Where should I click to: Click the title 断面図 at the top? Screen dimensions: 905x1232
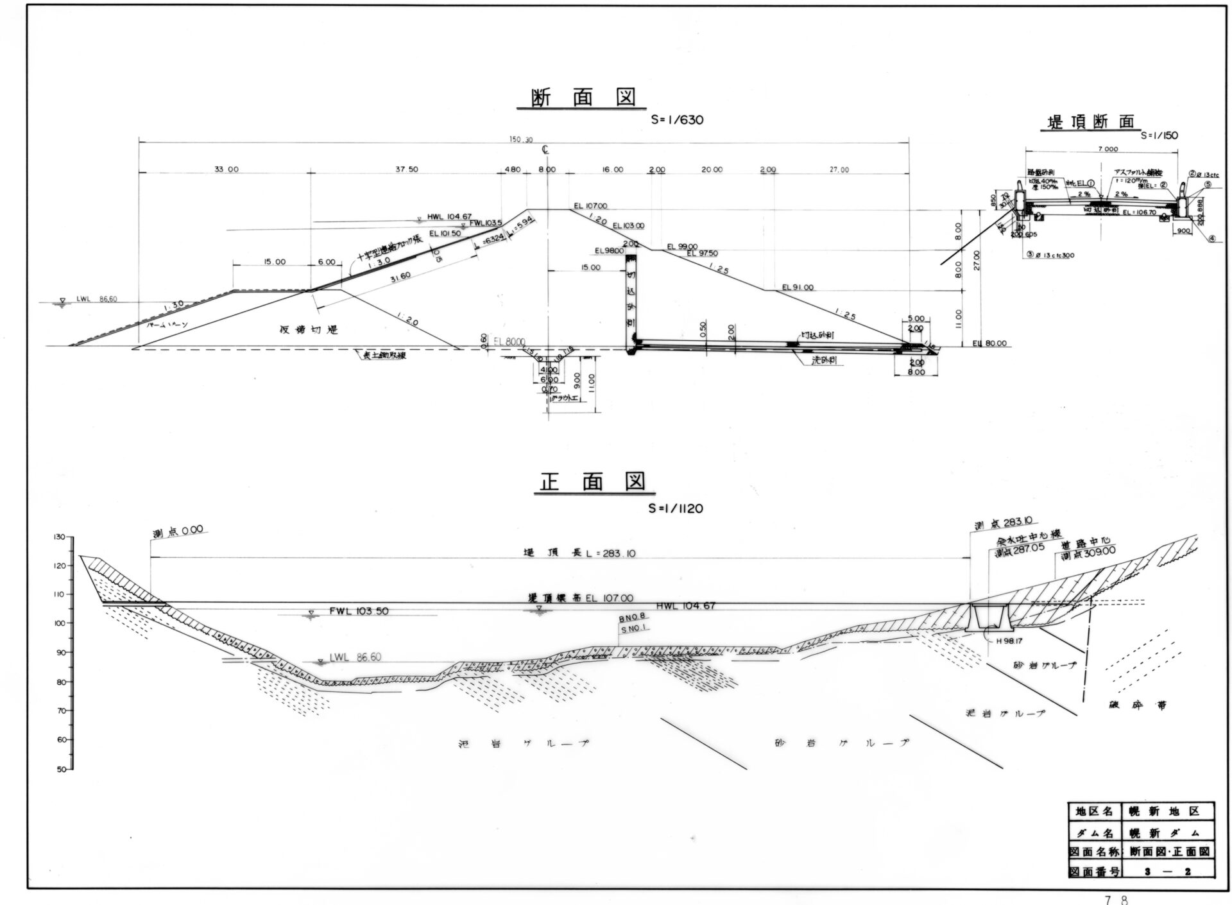pos(583,98)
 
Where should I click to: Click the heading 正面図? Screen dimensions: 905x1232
pos(592,481)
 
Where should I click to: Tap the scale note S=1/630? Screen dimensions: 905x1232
pos(677,119)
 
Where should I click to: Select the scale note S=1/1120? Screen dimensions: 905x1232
pos(676,508)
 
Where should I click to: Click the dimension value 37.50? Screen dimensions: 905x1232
pos(407,170)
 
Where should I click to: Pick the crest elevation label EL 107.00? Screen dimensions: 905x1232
pos(591,206)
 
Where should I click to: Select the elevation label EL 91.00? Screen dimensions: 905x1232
pos(798,288)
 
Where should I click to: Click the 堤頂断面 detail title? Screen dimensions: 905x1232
pos(1091,122)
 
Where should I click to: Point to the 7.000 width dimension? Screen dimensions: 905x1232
pos(1108,149)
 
